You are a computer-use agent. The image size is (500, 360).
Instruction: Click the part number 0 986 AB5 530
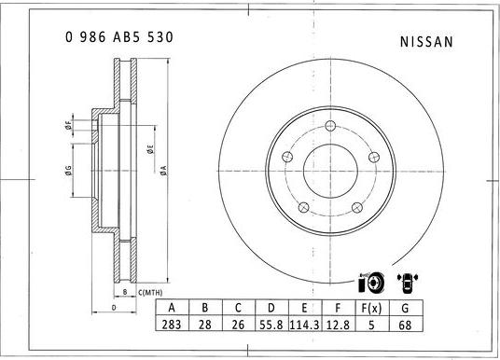[x=119, y=37]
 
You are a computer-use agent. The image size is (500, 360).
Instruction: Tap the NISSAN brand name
[x=426, y=42]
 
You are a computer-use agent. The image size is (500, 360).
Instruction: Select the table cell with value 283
[x=172, y=325]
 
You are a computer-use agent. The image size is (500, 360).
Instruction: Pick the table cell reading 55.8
[x=271, y=325]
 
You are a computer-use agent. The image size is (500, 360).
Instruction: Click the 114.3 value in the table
[x=304, y=325]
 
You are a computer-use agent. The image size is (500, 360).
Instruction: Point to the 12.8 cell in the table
[x=338, y=325]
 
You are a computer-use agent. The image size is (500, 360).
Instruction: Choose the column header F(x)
[x=371, y=308]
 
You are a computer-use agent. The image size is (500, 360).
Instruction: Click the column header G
[x=405, y=308]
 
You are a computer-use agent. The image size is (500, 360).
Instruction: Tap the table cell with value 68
[x=405, y=325]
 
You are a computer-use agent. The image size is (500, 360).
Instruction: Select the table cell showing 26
[x=238, y=325]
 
